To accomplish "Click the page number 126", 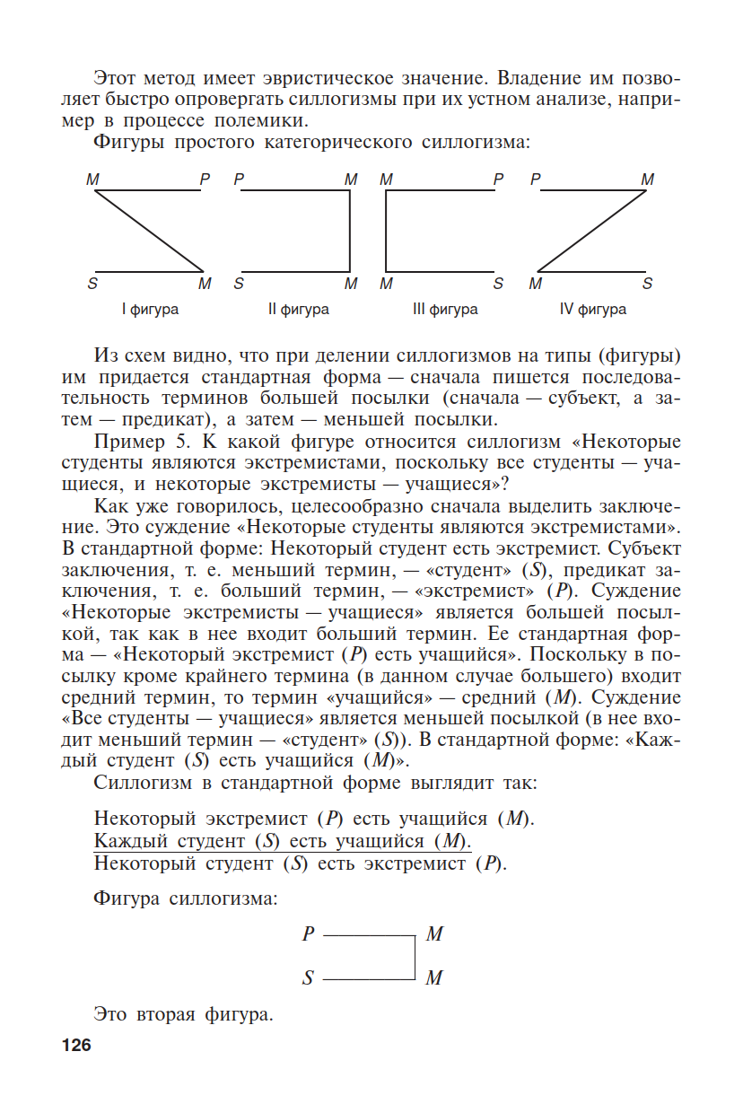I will point(76,1046).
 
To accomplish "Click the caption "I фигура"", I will point(150,310).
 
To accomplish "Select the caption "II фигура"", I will point(298,310).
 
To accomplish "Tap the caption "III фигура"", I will point(445,310).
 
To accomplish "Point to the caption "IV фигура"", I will point(593,310).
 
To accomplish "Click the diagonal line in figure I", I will point(150,231).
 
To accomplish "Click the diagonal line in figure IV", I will point(592,231).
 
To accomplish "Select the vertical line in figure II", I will point(349,231).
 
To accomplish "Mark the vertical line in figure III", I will point(387,231).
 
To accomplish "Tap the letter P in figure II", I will point(239,180).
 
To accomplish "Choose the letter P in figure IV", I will point(535,180).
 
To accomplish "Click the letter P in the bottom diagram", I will point(308,934).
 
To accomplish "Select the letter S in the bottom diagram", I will point(308,978).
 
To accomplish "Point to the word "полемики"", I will point(270,120).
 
